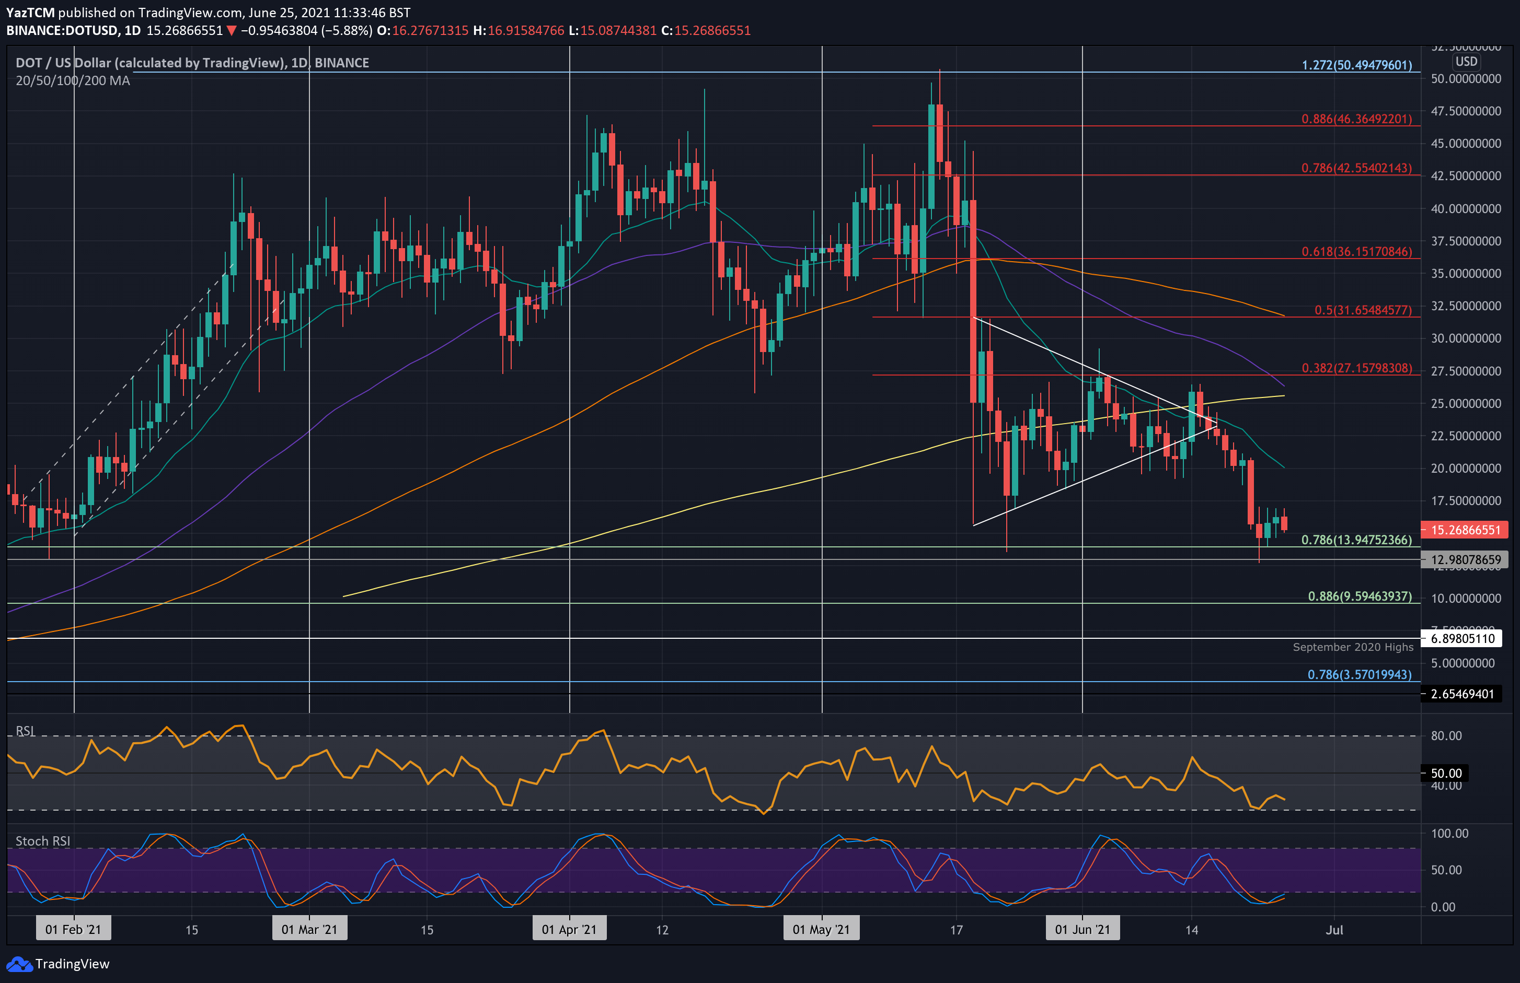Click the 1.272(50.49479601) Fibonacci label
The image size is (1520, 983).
click(1356, 65)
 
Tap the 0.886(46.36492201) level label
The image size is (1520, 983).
click(1356, 119)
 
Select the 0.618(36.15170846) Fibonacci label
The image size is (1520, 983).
click(1356, 251)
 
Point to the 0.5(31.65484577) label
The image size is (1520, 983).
click(1362, 310)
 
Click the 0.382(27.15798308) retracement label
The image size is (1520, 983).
click(1356, 368)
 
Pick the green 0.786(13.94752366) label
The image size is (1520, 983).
click(1356, 540)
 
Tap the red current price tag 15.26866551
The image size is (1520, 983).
click(1465, 530)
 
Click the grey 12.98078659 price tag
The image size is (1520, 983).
click(1465, 560)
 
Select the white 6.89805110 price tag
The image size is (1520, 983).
click(1462, 638)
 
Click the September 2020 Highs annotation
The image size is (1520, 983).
click(1353, 647)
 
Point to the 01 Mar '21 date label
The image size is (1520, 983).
click(309, 929)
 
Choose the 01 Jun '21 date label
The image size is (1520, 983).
click(1082, 929)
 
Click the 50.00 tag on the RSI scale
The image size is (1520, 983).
click(1446, 773)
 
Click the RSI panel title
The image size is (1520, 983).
click(26, 731)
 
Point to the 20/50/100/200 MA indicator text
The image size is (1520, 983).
click(73, 80)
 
